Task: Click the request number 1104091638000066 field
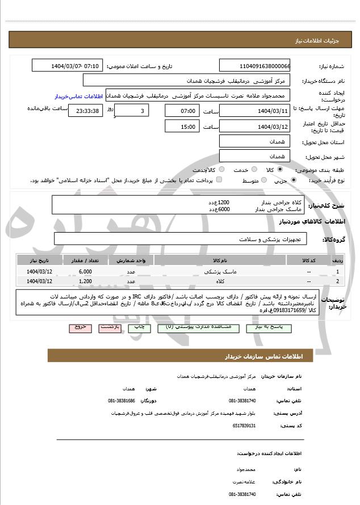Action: pos(254,65)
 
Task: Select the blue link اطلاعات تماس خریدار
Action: pos(79,96)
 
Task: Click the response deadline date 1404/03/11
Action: pos(254,111)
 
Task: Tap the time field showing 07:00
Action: pos(182,111)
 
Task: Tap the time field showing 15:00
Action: pos(182,127)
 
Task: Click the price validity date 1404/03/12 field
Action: pos(254,127)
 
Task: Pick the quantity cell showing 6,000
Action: pos(85,272)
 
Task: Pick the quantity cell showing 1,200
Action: pos(85,281)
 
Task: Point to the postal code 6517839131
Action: pos(245,425)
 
